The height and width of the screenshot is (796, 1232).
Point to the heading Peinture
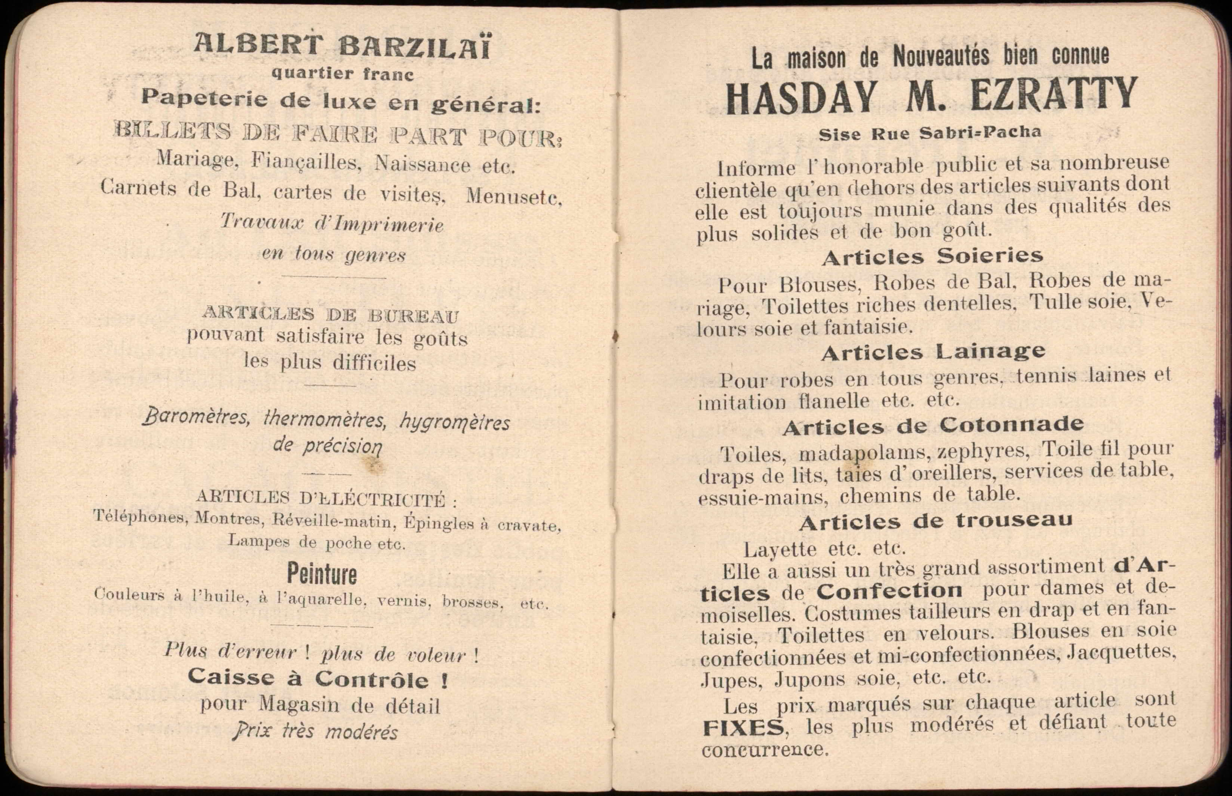click(x=322, y=573)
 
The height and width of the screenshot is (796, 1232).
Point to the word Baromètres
click(x=196, y=417)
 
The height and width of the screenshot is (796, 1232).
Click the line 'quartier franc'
click(x=342, y=74)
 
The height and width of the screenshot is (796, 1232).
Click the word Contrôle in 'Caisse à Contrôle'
click(x=372, y=679)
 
